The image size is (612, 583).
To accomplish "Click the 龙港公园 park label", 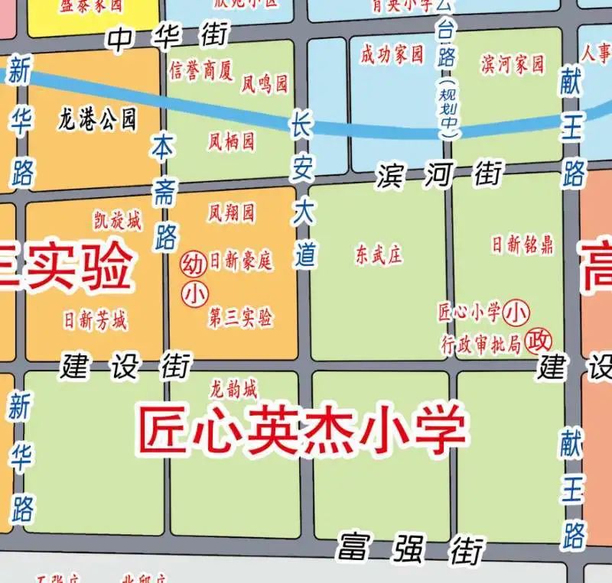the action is click(x=97, y=119).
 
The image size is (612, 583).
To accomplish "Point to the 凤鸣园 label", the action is click(x=265, y=83).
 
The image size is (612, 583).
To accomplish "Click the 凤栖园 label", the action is click(x=231, y=141).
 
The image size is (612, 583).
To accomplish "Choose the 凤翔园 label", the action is click(x=231, y=212).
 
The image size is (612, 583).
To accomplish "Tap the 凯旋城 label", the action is click(x=117, y=222).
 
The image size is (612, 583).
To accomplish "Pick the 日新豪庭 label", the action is click(x=241, y=261).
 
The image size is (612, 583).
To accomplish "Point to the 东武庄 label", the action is click(x=378, y=254).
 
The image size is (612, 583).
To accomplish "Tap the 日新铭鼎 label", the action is click(x=522, y=245).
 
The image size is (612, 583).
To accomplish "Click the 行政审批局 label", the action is click(x=480, y=344).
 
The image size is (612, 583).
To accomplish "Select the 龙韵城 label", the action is click(x=234, y=389).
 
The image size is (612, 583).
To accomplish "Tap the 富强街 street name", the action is click(x=411, y=548).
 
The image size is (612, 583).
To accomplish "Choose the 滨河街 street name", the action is click(x=439, y=176).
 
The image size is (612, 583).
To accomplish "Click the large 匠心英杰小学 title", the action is click(x=301, y=430).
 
